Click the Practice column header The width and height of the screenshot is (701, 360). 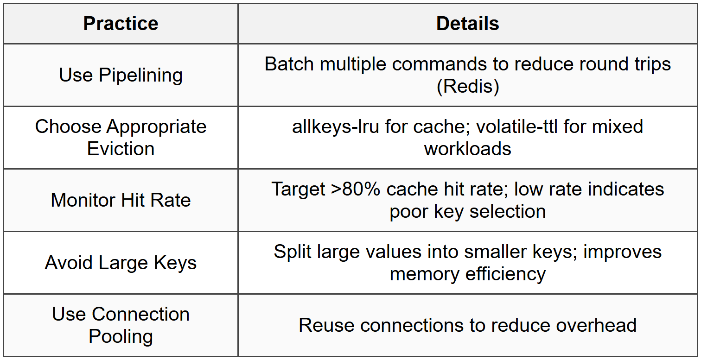(x=121, y=24)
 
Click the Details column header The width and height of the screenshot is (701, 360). (x=467, y=24)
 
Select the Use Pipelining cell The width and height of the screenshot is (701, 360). (x=121, y=75)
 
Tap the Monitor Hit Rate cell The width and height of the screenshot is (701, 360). (x=121, y=200)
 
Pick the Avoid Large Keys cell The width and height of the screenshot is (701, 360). (x=121, y=263)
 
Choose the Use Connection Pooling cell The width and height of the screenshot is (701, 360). (x=121, y=325)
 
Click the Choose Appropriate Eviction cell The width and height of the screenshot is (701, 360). (x=121, y=138)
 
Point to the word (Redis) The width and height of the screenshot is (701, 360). (x=467, y=86)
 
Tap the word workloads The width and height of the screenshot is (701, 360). (x=467, y=149)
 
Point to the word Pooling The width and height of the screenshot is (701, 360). (x=121, y=336)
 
